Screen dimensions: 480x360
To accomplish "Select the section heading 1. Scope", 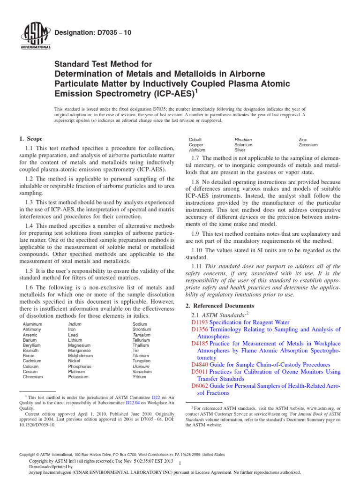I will coord(30,139).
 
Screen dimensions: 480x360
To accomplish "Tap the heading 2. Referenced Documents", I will coord(223,305).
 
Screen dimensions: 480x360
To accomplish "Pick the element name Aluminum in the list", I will coord(32,324).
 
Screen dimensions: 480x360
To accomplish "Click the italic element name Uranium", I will coord(141,366).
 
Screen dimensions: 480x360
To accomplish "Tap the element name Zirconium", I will coord(308,145).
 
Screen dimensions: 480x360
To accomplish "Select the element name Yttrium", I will coord(140,376).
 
